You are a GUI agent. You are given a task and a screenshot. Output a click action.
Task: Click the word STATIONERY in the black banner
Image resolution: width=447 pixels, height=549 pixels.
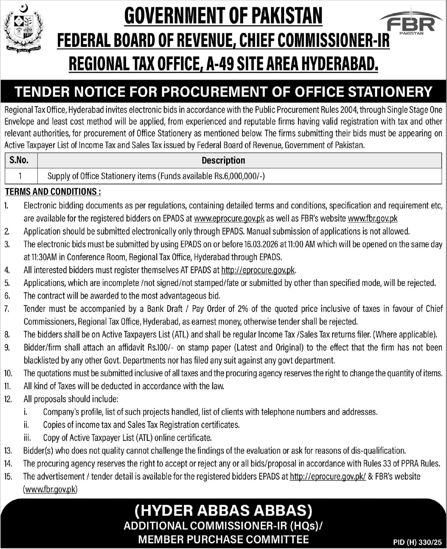[390, 92]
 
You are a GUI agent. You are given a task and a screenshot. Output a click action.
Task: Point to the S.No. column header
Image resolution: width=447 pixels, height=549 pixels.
[19, 160]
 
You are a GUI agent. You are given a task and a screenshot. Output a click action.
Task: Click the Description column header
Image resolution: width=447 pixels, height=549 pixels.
[223, 160]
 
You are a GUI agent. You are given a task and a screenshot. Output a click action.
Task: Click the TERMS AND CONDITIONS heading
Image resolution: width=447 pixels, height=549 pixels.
[53, 192]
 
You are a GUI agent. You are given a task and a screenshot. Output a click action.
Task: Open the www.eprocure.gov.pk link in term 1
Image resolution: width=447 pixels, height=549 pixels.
[229, 218]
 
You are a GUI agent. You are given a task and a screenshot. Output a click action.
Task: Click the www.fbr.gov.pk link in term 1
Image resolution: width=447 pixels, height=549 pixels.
[372, 218]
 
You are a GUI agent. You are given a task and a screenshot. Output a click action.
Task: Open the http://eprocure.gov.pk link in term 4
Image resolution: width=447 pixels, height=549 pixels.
[258, 270]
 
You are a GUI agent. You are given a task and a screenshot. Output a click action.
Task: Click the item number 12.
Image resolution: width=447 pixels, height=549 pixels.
[8, 399]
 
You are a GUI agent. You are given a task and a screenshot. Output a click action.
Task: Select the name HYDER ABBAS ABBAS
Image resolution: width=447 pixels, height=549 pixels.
[223, 511]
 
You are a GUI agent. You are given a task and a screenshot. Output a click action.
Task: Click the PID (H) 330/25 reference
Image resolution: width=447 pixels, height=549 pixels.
[418, 542]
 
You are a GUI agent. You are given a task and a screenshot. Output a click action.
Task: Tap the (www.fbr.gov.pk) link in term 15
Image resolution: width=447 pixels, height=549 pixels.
[50, 489]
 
